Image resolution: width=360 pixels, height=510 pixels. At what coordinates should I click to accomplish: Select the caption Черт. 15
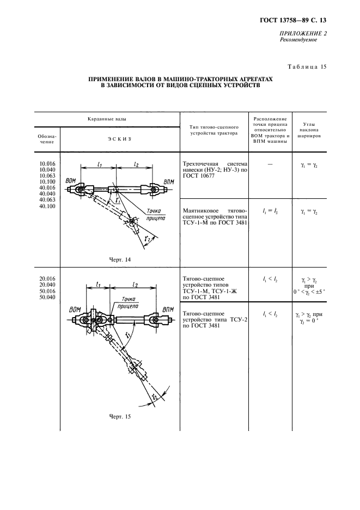point(120,417)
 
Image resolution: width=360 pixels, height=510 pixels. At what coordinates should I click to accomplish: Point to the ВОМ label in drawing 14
point(70,180)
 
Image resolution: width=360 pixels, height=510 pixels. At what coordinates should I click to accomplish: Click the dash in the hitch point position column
point(270,163)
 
